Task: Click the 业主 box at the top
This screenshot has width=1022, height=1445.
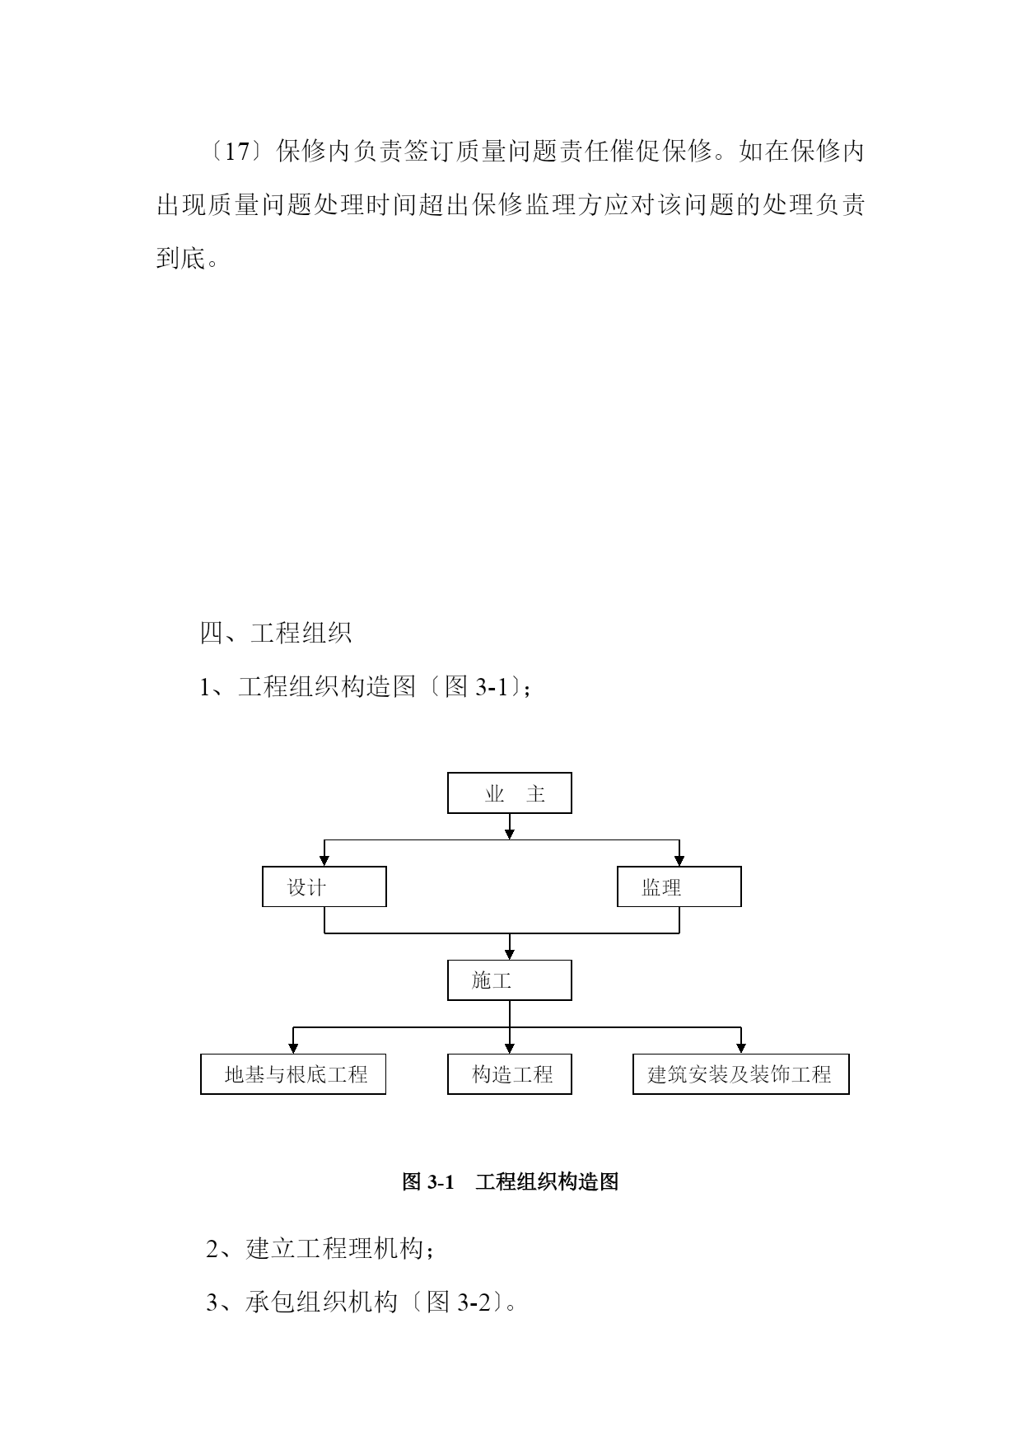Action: click(x=509, y=793)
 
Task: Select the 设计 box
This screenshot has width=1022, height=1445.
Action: click(x=324, y=886)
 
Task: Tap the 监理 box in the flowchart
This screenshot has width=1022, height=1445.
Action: click(x=679, y=886)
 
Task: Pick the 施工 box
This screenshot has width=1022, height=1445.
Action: click(x=509, y=980)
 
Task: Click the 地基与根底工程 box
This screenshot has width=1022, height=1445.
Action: click(x=293, y=1073)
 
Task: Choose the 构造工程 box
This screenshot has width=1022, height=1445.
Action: click(x=509, y=1073)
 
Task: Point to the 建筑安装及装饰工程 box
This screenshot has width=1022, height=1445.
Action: click(x=741, y=1073)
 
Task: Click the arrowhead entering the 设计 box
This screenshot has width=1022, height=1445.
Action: click(x=324, y=860)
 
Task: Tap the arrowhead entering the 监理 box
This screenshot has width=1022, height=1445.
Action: click(x=679, y=860)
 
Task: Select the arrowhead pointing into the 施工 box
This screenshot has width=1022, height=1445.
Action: click(x=510, y=954)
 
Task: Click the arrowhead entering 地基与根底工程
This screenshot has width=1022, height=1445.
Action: click(x=293, y=1048)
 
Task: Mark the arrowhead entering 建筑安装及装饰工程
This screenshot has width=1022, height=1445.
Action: click(x=741, y=1048)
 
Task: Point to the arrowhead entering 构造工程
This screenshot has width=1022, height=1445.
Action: click(x=510, y=1048)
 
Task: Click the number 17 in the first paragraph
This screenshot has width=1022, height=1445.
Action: click(x=237, y=152)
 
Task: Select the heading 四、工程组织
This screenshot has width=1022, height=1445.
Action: click(x=276, y=633)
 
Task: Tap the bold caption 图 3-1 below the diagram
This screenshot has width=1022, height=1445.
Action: click(x=428, y=1182)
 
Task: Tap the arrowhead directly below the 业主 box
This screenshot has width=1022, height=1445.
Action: click(x=510, y=834)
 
